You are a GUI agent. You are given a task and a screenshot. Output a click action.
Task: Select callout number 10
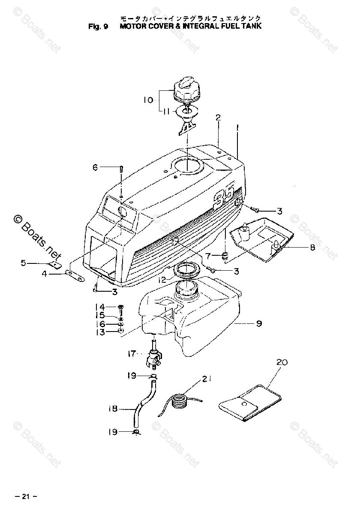148,100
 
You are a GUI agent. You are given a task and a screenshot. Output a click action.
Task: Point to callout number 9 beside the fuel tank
259,324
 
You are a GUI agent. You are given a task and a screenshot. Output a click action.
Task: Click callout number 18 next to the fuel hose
113,409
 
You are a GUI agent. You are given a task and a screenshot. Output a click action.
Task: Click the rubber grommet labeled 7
223,257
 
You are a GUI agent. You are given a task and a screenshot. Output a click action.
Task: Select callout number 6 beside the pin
95,167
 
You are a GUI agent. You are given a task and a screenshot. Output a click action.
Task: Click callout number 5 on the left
24,263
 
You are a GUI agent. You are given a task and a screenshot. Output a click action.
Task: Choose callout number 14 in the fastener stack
99,307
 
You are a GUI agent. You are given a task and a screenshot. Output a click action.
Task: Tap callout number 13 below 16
99,332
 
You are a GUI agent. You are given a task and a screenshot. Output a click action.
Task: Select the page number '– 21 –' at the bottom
26,497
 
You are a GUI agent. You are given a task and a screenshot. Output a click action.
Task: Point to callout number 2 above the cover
218,117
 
